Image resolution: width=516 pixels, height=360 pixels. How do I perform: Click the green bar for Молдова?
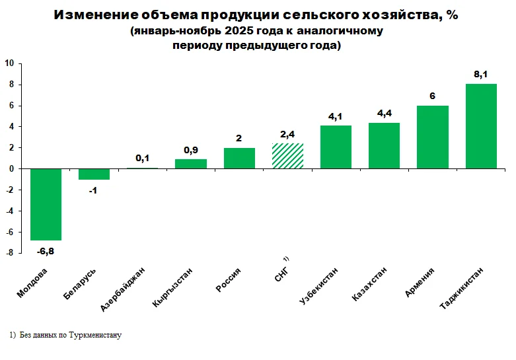point(46,204)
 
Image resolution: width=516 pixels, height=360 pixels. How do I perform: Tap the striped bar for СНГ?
point(287,156)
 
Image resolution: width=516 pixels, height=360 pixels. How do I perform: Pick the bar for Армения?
point(433,137)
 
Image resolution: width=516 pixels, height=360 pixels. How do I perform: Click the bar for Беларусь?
point(94,174)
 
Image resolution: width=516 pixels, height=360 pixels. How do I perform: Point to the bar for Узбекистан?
point(336,147)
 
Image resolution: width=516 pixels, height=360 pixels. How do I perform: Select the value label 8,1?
point(481,75)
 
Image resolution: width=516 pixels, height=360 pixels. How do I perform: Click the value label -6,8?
point(46,250)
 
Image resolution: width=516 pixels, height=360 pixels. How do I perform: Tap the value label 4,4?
point(384,114)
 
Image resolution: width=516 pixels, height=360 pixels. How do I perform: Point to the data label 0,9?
point(190,150)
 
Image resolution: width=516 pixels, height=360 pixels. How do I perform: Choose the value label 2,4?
point(287,134)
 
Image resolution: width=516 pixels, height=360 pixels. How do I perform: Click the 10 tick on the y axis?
point(10,63)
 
